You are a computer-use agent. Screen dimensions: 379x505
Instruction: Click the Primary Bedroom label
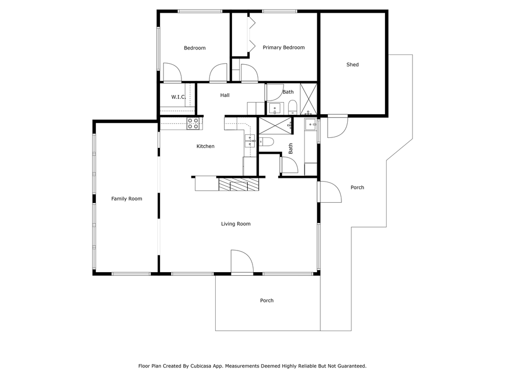click(284, 48)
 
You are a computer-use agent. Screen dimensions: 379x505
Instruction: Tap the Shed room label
click(352, 65)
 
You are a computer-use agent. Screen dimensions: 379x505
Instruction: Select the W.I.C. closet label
click(179, 97)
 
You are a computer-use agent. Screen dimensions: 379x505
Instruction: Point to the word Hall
click(225, 95)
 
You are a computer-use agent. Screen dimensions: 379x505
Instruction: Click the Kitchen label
click(205, 146)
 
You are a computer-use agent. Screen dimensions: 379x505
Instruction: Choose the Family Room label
click(127, 198)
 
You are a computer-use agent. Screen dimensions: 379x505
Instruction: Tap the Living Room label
click(236, 224)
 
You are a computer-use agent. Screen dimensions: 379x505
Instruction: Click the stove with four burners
click(193, 124)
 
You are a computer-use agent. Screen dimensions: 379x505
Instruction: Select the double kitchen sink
click(249, 140)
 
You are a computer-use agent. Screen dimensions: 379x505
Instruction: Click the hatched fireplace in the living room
click(239, 184)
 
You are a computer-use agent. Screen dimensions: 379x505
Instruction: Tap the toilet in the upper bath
click(292, 107)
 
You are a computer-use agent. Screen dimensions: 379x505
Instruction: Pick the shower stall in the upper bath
click(308, 99)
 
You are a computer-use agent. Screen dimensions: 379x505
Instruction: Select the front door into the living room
click(241, 262)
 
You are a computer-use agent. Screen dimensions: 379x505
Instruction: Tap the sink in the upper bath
click(275, 108)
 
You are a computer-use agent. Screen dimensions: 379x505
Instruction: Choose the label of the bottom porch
click(267, 301)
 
